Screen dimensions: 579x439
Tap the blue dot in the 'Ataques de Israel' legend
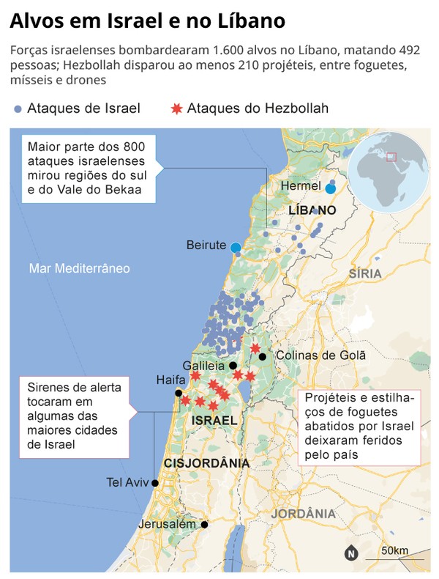click(x=18, y=109)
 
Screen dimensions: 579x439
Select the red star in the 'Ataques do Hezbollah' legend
click(x=176, y=109)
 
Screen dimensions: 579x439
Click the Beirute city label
click(x=206, y=245)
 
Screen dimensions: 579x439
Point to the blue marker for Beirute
click(x=236, y=248)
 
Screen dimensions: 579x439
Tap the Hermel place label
click(x=301, y=186)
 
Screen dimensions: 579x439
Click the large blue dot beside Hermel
click(x=330, y=188)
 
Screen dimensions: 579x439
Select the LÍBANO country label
click(x=312, y=210)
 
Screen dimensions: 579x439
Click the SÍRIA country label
click(x=365, y=273)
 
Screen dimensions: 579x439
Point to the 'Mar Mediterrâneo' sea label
click(x=79, y=268)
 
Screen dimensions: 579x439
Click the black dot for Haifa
click(x=178, y=393)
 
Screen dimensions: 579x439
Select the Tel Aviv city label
click(x=127, y=482)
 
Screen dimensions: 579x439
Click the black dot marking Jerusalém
click(x=205, y=524)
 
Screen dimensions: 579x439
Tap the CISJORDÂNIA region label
click(x=207, y=463)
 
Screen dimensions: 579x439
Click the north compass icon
click(x=351, y=553)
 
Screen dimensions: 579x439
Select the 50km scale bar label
click(x=394, y=550)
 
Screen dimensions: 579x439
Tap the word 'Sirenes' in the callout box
click(x=49, y=386)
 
